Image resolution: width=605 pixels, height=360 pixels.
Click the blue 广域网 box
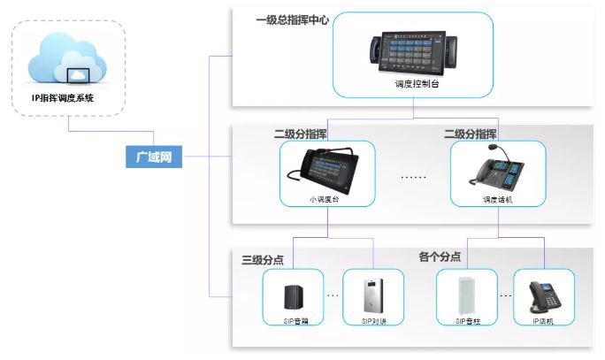tap(152, 157)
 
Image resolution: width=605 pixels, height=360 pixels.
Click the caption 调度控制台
tap(413, 88)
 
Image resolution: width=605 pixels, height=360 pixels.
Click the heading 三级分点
tap(263, 260)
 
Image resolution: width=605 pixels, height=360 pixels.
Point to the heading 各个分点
tap(439, 257)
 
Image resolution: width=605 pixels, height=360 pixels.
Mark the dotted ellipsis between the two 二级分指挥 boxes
tap(413, 177)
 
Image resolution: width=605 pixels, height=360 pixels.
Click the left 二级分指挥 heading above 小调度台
tap(304, 134)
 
